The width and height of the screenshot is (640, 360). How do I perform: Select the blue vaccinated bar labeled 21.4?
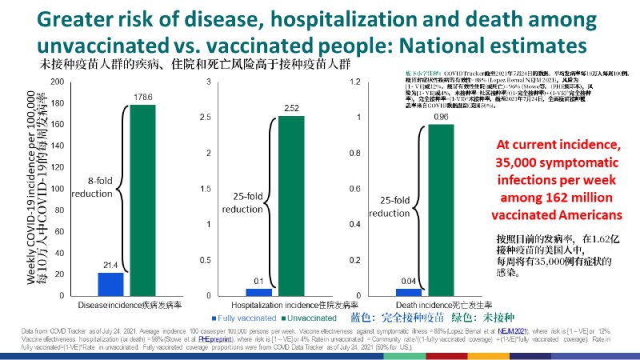(111, 285)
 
